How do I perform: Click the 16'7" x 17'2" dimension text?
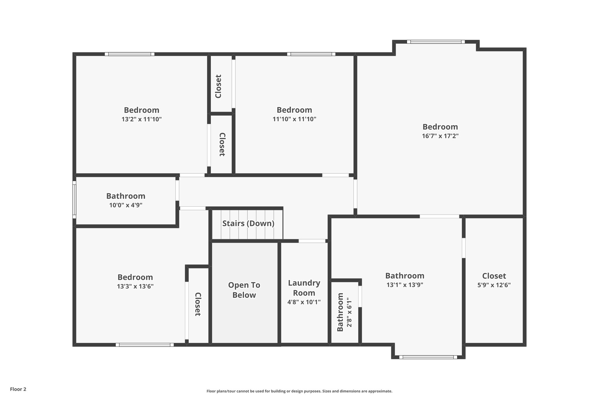pyautogui.click(x=440, y=136)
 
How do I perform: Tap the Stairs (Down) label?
pyautogui.click(x=248, y=223)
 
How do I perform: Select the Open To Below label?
pyautogui.click(x=244, y=290)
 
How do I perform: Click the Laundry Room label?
pyautogui.click(x=304, y=288)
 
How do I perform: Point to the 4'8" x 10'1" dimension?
pyautogui.click(x=304, y=302)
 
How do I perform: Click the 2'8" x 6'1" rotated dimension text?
pyautogui.click(x=349, y=312)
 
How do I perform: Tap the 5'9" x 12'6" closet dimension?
pyautogui.click(x=494, y=285)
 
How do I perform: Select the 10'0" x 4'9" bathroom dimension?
pyautogui.click(x=126, y=205)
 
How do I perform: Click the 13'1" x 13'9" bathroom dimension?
pyautogui.click(x=405, y=285)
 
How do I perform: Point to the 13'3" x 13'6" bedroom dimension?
pyautogui.click(x=135, y=286)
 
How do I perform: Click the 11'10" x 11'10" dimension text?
pyautogui.click(x=294, y=119)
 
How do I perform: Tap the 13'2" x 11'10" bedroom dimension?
pyautogui.click(x=142, y=119)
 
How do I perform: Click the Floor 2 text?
pyautogui.click(x=18, y=389)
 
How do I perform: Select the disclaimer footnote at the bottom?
pyautogui.click(x=299, y=391)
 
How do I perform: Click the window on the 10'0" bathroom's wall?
pyautogui.click(x=74, y=200)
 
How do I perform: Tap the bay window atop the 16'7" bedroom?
pyautogui.click(x=436, y=42)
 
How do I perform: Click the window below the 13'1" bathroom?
pyautogui.click(x=428, y=357)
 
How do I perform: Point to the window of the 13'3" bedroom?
pyautogui.click(x=144, y=345)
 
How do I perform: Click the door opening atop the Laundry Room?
pyautogui.click(x=312, y=241)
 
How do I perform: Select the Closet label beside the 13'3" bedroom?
pyautogui.click(x=198, y=304)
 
